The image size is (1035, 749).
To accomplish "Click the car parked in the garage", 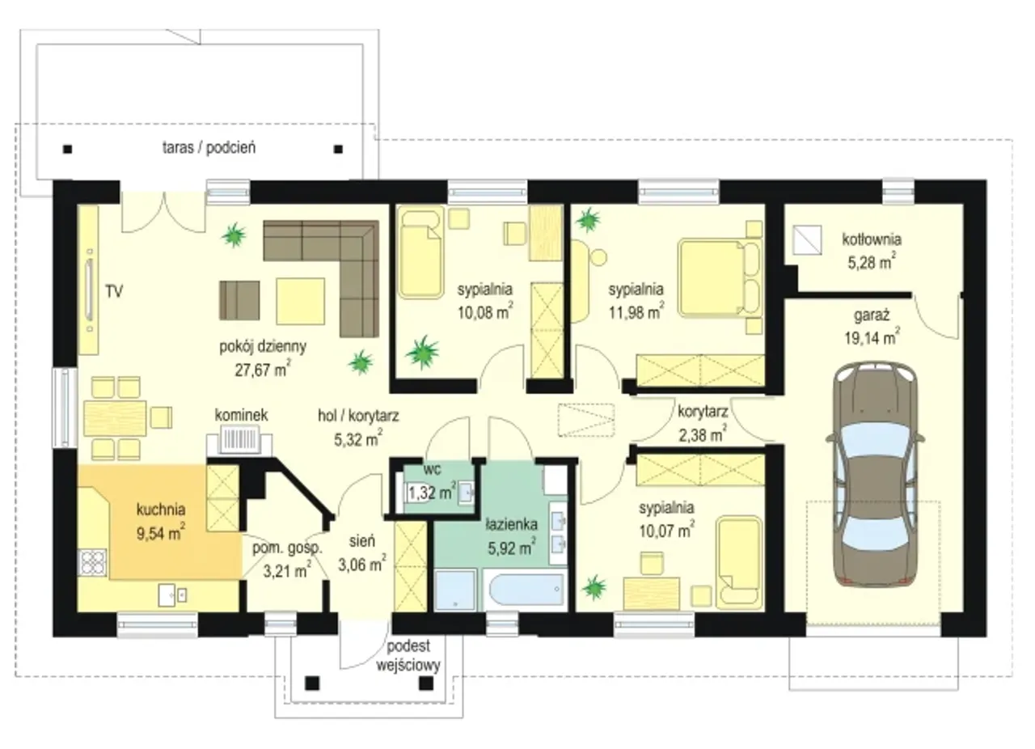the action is pyautogui.click(x=875, y=476).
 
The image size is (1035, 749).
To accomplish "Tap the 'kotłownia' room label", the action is pyautogui.click(x=872, y=239).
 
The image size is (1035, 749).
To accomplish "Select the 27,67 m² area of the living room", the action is pyautogui.click(x=263, y=370).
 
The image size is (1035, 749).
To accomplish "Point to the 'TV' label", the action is pyautogui.click(x=114, y=292).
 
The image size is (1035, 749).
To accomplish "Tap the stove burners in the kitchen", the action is pyautogui.click(x=92, y=562).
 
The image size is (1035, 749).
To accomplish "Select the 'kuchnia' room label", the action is pyautogui.click(x=161, y=510).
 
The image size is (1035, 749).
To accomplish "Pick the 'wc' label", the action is pyautogui.click(x=432, y=469).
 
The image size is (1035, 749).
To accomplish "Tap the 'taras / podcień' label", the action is pyautogui.click(x=209, y=147).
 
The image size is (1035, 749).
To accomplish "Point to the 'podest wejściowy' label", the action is pyautogui.click(x=408, y=656).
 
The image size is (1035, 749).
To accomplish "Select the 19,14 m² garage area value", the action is pyautogui.click(x=872, y=337).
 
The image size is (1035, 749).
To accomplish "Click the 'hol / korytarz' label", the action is pyautogui.click(x=358, y=416).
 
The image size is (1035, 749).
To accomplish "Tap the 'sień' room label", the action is pyautogui.click(x=362, y=541).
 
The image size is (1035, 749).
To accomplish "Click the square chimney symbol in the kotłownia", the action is pyautogui.click(x=807, y=240).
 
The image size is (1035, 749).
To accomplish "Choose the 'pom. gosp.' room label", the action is pyautogui.click(x=287, y=548).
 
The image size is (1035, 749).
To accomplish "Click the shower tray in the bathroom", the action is pyautogui.click(x=455, y=590).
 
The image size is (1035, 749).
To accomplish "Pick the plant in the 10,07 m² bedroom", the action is pyautogui.click(x=594, y=587).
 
